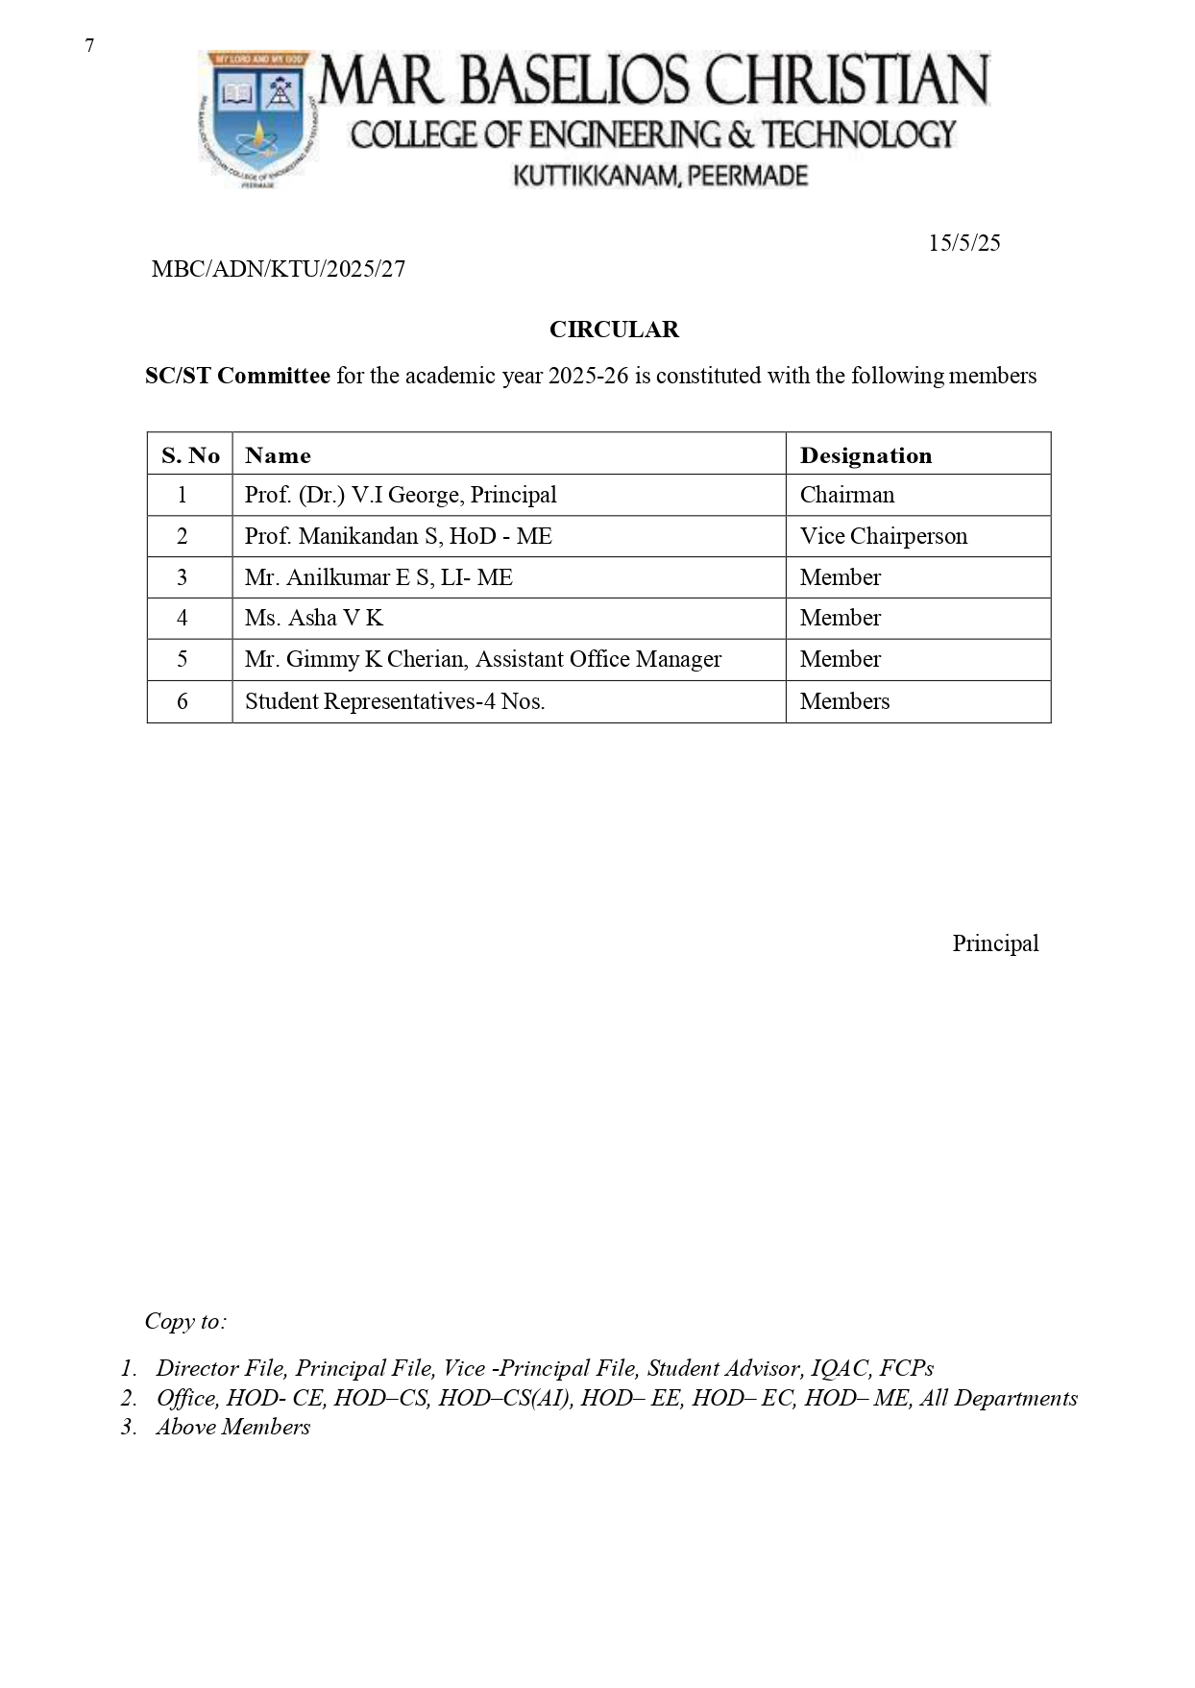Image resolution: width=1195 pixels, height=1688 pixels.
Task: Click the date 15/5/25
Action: point(963,243)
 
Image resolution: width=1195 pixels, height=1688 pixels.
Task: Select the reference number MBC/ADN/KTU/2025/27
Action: point(279,269)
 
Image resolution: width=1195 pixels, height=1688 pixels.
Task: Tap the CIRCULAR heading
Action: point(614,330)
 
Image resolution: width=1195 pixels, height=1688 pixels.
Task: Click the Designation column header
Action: point(866,455)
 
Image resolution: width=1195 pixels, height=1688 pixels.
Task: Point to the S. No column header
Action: point(190,455)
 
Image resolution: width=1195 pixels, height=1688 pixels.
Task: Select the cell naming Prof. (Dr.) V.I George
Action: point(401,495)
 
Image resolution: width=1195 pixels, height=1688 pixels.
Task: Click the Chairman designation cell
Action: point(846,495)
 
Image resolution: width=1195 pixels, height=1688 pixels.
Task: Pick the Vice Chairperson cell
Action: point(883,536)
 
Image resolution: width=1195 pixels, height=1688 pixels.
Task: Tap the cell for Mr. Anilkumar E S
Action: point(378,577)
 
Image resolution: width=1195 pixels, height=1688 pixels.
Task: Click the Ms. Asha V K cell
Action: point(314,618)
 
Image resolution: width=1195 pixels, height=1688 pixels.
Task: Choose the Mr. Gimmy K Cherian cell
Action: point(482,659)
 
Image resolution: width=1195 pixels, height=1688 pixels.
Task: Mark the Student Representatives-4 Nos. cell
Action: point(395,701)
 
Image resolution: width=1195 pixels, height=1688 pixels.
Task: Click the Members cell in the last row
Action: point(844,701)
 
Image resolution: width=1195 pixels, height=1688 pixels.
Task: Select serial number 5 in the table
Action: point(183,659)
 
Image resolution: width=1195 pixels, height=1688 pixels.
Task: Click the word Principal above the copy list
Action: point(995,943)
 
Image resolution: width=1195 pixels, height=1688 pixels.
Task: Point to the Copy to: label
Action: point(185,1321)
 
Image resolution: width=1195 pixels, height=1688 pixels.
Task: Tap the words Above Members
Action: point(233,1427)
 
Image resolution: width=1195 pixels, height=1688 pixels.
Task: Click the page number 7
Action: point(89,46)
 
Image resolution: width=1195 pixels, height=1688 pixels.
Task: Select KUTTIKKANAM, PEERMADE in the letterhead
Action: point(661,176)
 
